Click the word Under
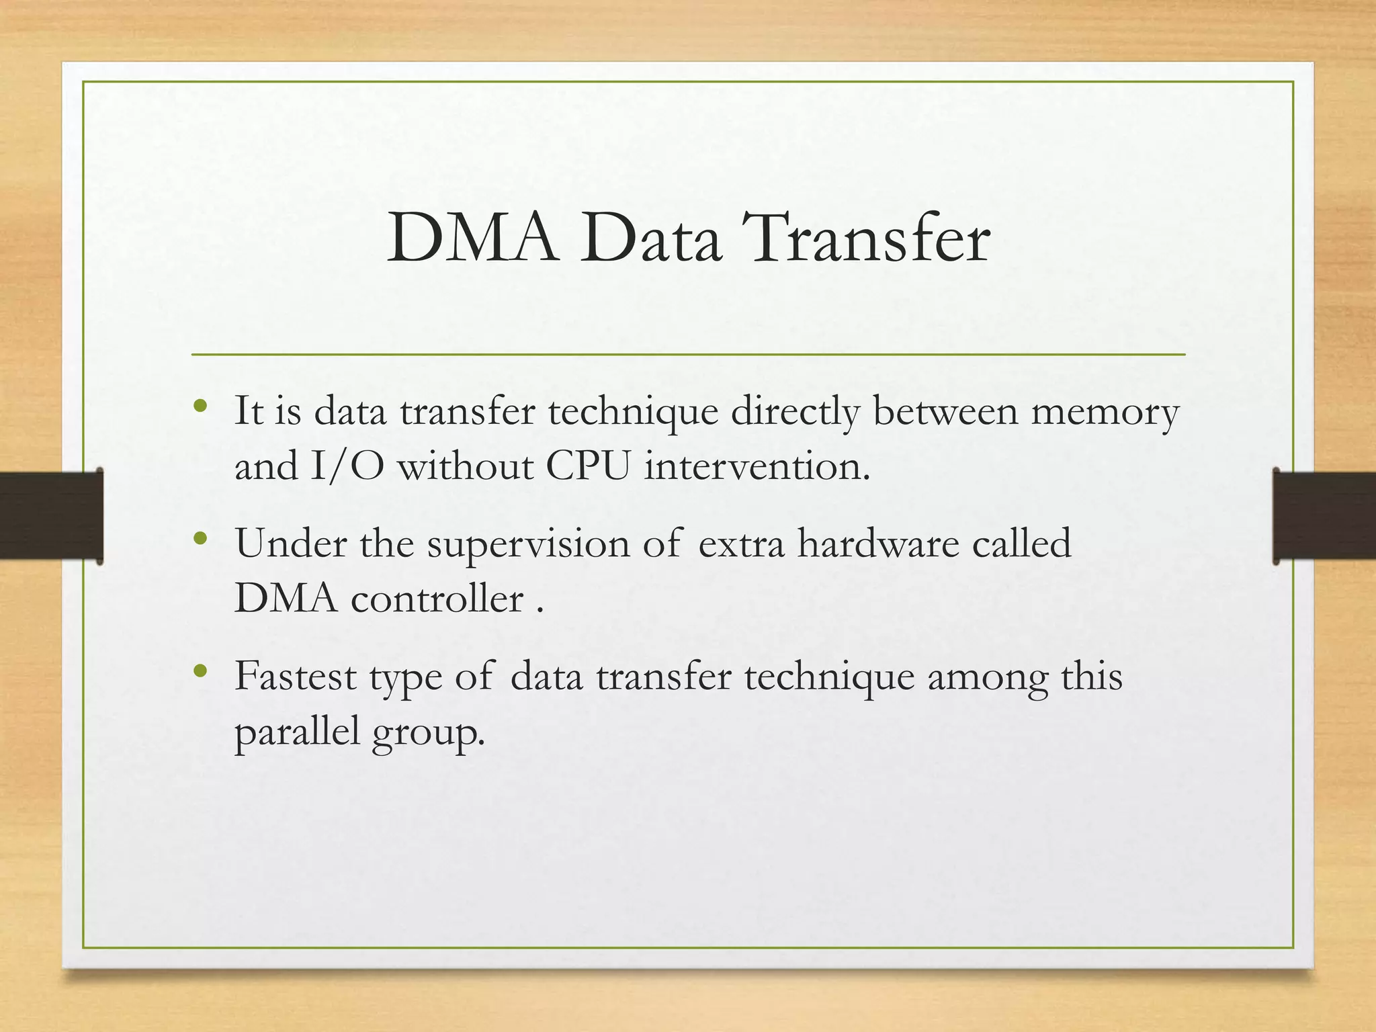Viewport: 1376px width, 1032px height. click(290, 544)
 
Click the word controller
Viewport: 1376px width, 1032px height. click(437, 598)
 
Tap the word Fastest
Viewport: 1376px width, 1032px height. click(296, 676)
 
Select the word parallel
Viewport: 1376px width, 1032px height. click(297, 732)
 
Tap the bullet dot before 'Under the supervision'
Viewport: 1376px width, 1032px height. click(200, 539)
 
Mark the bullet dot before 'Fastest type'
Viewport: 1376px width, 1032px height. click(200, 671)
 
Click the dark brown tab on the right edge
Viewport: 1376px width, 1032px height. click(1324, 515)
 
